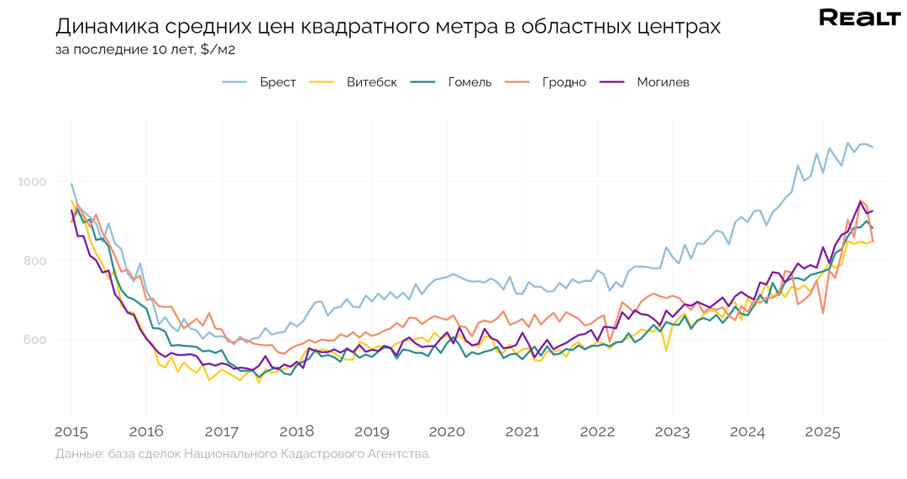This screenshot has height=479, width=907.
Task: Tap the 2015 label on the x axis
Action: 71,433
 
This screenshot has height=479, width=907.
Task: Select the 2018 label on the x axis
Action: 296,433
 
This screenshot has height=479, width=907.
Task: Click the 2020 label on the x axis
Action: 447,433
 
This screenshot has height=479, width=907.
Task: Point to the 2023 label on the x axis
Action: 672,433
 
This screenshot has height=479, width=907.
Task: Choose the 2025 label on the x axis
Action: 822,433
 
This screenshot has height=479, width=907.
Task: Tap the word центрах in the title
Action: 682,27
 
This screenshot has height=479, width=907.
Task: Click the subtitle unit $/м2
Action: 218,49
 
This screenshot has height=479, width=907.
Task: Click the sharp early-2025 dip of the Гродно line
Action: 823,313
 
